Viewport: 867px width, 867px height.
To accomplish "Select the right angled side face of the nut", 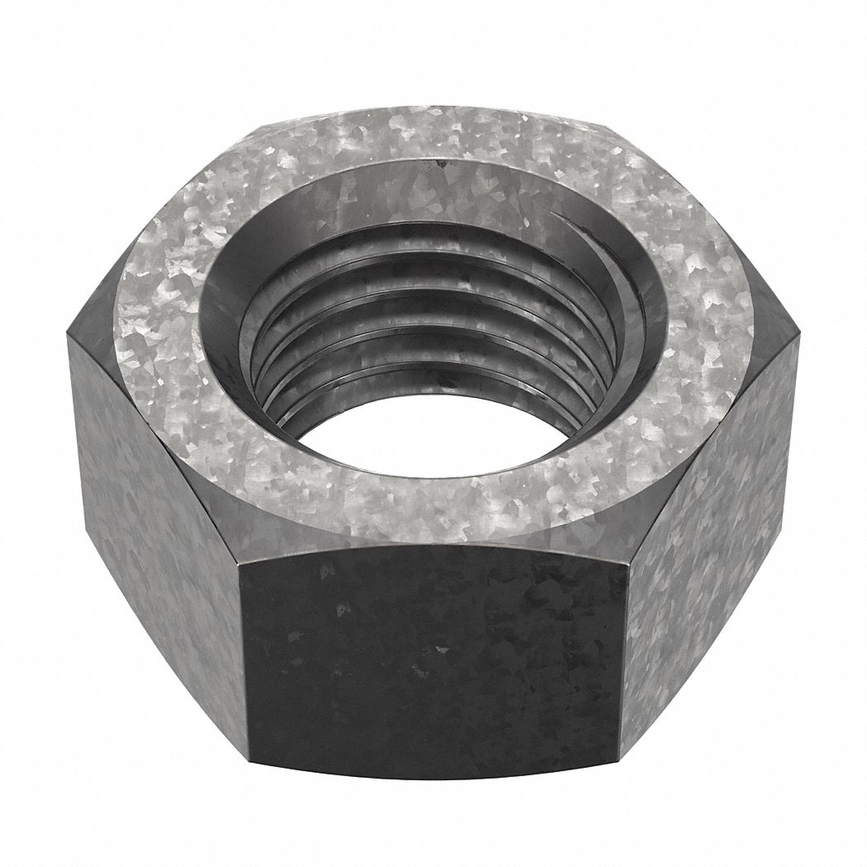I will [x=710, y=512].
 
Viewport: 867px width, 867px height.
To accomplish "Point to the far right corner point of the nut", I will [x=799, y=334].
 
